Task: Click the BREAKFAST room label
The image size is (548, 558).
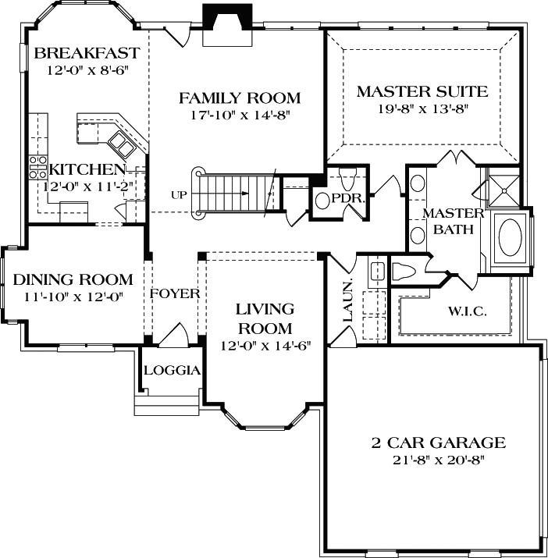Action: [87, 53]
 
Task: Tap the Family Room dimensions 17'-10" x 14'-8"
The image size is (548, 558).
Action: [240, 115]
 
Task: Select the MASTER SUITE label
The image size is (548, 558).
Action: [422, 91]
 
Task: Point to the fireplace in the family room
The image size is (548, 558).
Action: [227, 25]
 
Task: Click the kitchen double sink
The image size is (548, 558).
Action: [122, 144]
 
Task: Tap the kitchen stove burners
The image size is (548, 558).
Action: [37, 167]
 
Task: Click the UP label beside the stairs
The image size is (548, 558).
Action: [179, 195]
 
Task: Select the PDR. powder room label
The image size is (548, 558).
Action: [348, 198]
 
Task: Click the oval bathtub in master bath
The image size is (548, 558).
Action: [511, 237]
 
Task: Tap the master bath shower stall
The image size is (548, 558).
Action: [504, 190]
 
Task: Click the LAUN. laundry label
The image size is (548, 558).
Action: [348, 300]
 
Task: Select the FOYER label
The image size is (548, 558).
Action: [175, 293]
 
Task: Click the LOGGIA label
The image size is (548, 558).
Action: [173, 371]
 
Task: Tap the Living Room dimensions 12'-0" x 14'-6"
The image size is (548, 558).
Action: [265, 346]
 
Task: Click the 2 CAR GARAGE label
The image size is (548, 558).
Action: [439, 442]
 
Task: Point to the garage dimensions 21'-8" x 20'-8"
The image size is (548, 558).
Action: [439, 460]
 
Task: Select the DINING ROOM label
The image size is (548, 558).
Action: [73, 279]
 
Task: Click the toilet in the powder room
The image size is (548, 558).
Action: [348, 178]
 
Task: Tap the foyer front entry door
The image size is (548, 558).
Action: [173, 335]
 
